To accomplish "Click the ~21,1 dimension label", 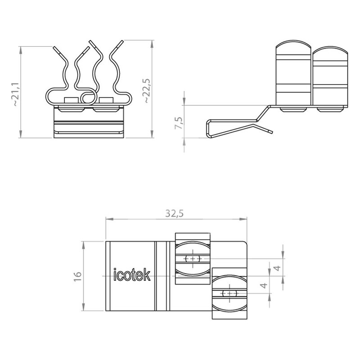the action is [x=16, y=94].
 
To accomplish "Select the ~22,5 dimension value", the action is [x=147, y=90].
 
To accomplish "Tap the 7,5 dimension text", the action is [x=179, y=123].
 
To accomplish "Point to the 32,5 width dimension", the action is [x=175, y=213].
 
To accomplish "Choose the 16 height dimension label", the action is [x=77, y=276].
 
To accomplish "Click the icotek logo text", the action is [x=132, y=275].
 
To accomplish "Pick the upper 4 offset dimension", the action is [x=278, y=268].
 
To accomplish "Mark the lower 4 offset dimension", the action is [x=264, y=285].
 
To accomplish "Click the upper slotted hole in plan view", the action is [x=193, y=259].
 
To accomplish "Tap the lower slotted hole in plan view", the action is [x=229, y=293].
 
